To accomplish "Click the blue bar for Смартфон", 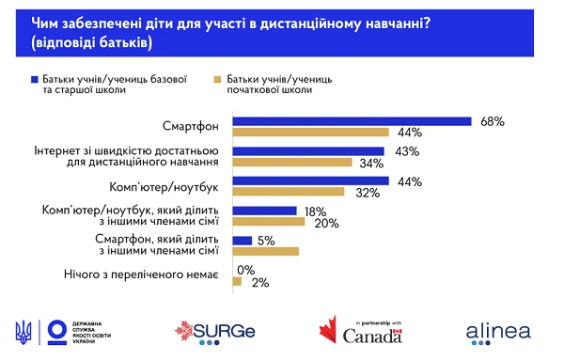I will pyautogui.click(x=351, y=120).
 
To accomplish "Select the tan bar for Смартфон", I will pyautogui.click(x=310, y=132).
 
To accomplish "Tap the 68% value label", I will pyautogui.click(x=492, y=120).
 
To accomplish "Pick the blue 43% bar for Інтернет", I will pyautogui.click(x=307, y=150).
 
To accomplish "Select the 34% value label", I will pyautogui.click(x=369, y=162).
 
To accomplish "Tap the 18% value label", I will pyautogui.click(x=314, y=211).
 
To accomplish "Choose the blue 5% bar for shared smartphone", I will pyautogui.click(x=241, y=242).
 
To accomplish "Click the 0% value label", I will pyautogui.click(x=248, y=271).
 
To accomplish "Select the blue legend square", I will pyautogui.click(x=34, y=79).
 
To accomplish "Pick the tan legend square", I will pyautogui.click(x=218, y=79).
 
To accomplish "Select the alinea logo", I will pyautogui.click(x=498, y=331).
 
